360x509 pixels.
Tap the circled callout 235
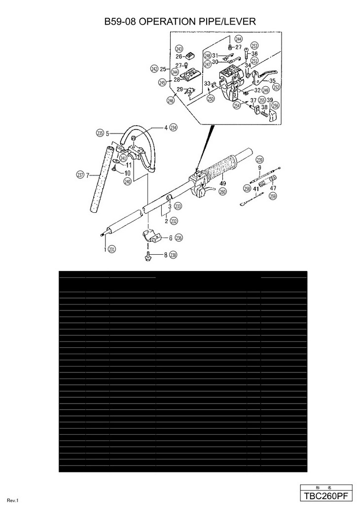tap(100, 133)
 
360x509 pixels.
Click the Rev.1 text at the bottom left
tap(13, 501)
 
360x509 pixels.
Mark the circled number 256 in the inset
tap(275, 105)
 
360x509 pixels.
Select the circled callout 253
tap(254, 46)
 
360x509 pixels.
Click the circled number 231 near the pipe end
tap(112, 249)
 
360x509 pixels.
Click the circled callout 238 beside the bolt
tap(173, 255)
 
